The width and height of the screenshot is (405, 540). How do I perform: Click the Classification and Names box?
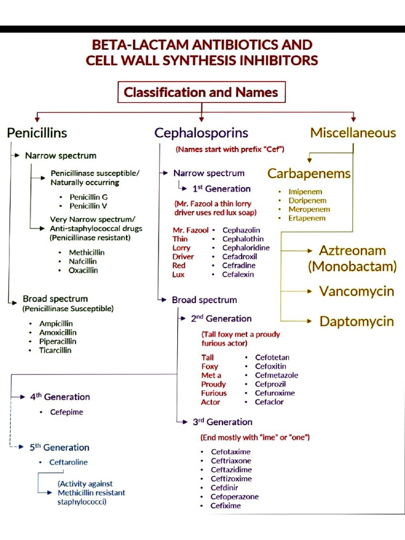coord(201,92)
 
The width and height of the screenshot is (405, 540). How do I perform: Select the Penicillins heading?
coord(37,133)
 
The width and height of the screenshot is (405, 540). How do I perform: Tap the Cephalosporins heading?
coord(201,133)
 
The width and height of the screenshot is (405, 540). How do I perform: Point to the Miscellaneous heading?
coord(353,133)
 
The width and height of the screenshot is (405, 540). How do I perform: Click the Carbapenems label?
coord(308,173)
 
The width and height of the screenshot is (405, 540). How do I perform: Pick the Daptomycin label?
coord(356,321)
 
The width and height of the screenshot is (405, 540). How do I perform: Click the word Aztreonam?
coord(352,250)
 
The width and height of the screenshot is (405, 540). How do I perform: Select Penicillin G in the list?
coord(89,197)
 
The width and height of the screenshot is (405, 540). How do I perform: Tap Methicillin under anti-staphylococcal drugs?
coord(86,253)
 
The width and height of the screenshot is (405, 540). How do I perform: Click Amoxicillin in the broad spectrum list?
coord(57,332)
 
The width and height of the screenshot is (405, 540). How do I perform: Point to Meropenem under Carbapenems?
coord(309,209)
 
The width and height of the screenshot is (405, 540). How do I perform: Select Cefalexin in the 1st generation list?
coord(238,274)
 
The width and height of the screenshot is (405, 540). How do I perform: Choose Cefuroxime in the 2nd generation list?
coord(275,393)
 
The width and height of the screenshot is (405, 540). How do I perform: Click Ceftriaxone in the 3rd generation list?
coord(231,461)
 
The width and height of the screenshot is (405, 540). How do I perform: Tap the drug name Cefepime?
coord(66,412)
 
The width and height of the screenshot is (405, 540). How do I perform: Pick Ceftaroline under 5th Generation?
coord(69,462)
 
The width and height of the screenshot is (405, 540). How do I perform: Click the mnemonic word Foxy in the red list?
coord(209,367)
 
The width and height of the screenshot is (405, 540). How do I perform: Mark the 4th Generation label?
coord(60,397)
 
